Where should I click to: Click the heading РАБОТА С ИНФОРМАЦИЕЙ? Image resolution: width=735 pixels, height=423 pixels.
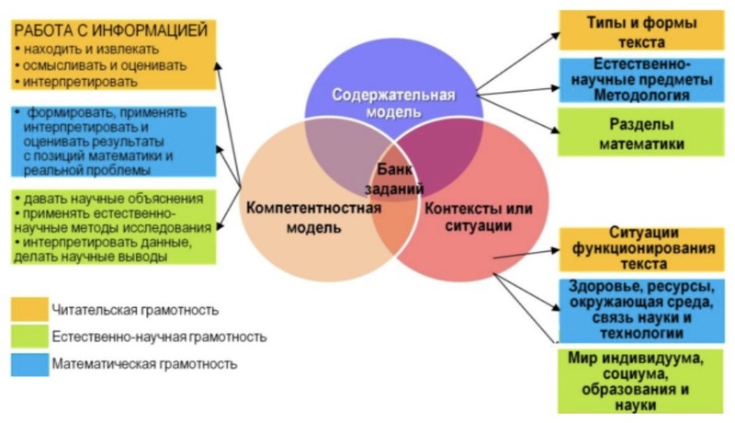click(x=110, y=30)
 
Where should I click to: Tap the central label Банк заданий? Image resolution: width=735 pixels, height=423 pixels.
click(x=395, y=178)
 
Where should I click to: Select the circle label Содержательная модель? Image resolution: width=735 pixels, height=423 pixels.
click(x=394, y=103)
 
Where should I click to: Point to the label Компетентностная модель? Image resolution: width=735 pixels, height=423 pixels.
click(x=313, y=218)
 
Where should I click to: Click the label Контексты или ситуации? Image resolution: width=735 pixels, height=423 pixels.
click(x=479, y=217)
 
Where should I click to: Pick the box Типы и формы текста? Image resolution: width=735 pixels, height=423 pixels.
click(x=641, y=31)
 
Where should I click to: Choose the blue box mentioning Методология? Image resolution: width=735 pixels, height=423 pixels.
click(x=641, y=80)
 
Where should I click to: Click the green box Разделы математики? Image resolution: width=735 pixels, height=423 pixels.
click(x=640, y=132)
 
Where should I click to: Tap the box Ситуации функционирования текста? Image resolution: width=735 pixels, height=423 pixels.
click(x=641, y=249)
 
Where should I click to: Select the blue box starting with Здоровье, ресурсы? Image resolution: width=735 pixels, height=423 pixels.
click(x=641, y=310)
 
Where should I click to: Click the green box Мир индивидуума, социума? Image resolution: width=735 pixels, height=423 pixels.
click(x=640, y=381)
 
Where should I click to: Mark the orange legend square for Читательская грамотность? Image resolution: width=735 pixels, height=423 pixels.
click(x=29, y=309)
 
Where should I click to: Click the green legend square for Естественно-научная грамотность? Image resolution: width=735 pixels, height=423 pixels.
click(x=29, y=337)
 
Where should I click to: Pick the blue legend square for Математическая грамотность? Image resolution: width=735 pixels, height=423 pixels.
click(x=29, y=364)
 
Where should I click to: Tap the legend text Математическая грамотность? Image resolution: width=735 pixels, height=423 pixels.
click(x=144, y=364)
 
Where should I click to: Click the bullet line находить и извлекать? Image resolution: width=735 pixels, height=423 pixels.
click(x=87, y=49)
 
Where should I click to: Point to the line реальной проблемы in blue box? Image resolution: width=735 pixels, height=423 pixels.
click(x=86, y=170)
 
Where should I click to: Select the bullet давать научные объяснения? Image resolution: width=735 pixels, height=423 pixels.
click(x=108, y=199)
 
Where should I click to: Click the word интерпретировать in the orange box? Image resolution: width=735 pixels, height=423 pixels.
click(x=80, y=82)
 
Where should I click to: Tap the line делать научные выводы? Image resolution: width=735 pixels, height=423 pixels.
click(x=90, y=257)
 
